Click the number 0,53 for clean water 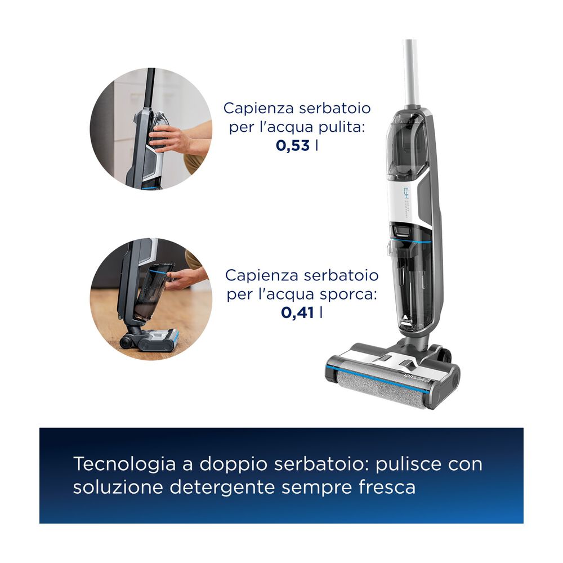[x=293, y=145]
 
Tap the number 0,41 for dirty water [x=298, y=313]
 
